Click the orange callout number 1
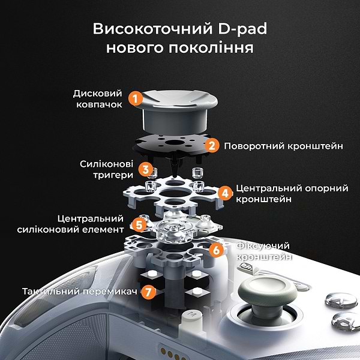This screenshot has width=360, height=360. tap(136, 98)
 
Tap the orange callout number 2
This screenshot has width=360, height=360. tap(212, 145)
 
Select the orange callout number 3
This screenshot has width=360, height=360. tap(146, 169)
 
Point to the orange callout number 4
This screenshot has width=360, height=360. tap(225, 193)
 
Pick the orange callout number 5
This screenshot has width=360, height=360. tap(139, 224)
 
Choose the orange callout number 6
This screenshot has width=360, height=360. tap(216, 250)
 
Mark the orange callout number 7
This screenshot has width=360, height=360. tap(148, 292)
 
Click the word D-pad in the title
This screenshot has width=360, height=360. tap(242, 29)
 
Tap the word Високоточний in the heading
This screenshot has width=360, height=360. tap(152, 29)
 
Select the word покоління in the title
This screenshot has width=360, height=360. tap(211, 48)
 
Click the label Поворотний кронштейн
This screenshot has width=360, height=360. tap(284, 146)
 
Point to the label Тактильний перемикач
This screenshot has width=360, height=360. tap(80, 292)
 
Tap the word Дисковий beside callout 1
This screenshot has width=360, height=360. tap(98, 94)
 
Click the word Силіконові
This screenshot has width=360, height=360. tap(107, 164)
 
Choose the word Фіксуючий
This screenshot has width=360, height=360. tap(263, 246)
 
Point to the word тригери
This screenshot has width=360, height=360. tap(113, 175)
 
